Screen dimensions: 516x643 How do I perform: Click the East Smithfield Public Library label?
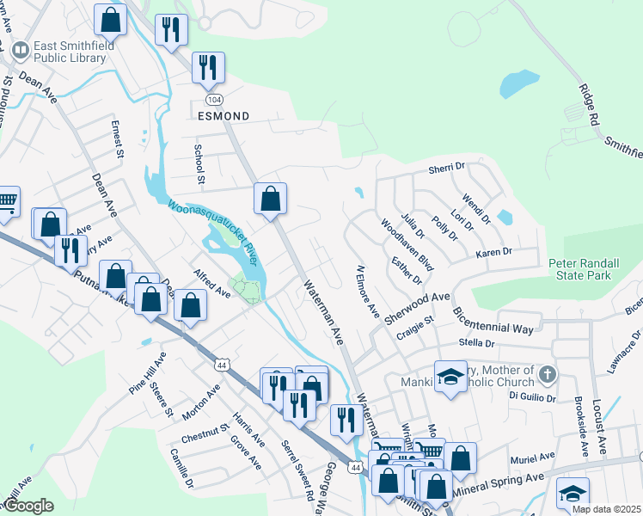click(x=70, y=52)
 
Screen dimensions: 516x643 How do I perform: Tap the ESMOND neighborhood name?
click(x=224, y=115)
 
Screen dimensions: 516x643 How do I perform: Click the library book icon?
click(x=20, y=51)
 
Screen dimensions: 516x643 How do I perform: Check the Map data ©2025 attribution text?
click(x=605, y=509)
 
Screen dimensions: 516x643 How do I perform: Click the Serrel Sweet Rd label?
click(x=297, y=471)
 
